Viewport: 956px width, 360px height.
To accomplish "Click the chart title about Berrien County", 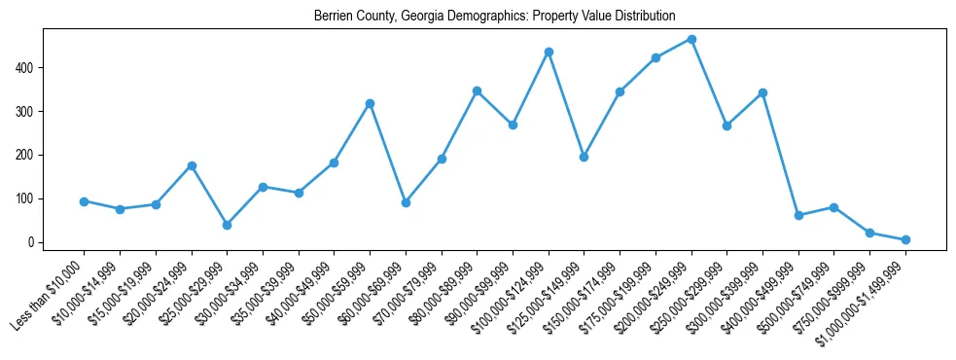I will click(x=494, y=17).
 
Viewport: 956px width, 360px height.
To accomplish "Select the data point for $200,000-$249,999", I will click(x=691, y=39).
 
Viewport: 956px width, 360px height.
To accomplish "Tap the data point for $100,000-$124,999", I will click(x=549, y=52).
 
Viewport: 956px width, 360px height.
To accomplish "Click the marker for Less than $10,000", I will click(x=84, y=201).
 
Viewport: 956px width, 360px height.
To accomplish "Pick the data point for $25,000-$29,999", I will click(x=227, y=225).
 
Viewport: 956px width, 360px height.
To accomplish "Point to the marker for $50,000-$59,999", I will click(x=370, y=103).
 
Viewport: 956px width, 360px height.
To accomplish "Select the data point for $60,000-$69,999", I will click(x=406, y=202).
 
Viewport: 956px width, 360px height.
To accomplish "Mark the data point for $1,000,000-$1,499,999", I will click(x=905, y=239).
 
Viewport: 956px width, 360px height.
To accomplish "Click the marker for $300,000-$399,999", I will click(x=762, y=92).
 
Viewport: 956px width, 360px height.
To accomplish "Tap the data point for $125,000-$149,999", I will click(x=584, y=157).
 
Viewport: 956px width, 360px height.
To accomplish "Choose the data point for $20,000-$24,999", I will click(x=192, y=165).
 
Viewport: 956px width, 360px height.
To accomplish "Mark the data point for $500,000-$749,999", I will click(x=833, y=207).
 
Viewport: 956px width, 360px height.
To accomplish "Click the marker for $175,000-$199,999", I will click(x=655, y=57).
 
